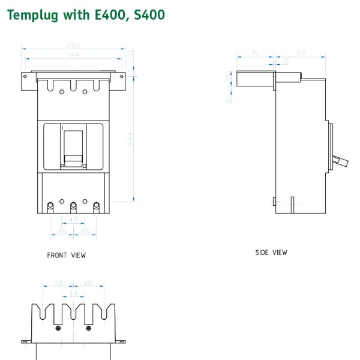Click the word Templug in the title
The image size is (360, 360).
click(30, 14)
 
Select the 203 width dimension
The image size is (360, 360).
click(74, 46)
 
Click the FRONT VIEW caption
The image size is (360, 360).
click(66, 256)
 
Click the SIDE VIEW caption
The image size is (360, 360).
click(271, 253)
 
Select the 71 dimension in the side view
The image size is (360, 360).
click(255, 54)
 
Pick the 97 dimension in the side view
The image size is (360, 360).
click(301, 54)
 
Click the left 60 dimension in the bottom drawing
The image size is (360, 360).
click(58, 283)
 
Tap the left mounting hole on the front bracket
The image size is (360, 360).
click(26, 76)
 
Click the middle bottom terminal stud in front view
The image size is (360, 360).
click(73, 206)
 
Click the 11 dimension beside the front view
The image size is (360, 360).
click(131, 54)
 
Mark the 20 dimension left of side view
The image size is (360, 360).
click(229, 79)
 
